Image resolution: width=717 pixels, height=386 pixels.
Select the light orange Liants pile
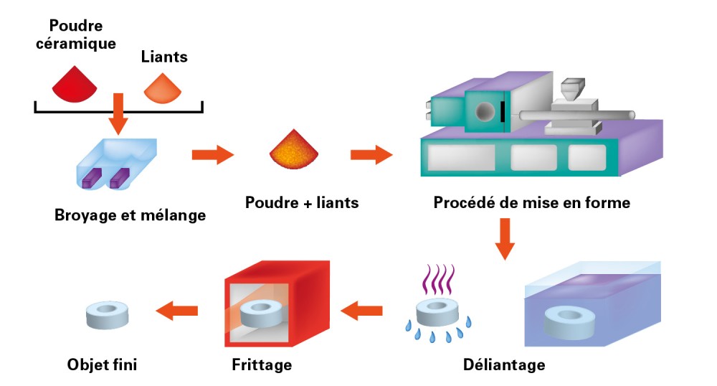163,88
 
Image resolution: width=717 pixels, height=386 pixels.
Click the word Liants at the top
165,57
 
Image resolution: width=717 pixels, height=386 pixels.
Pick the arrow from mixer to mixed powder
214,154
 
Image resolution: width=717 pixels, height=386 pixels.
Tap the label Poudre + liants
302,202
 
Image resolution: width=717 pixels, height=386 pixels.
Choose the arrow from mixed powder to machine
371,154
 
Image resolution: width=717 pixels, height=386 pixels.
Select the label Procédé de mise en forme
531,202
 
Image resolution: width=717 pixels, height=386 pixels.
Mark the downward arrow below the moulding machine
505,240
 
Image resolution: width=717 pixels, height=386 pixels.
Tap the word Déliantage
504,364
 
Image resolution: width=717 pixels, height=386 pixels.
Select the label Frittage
262,364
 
